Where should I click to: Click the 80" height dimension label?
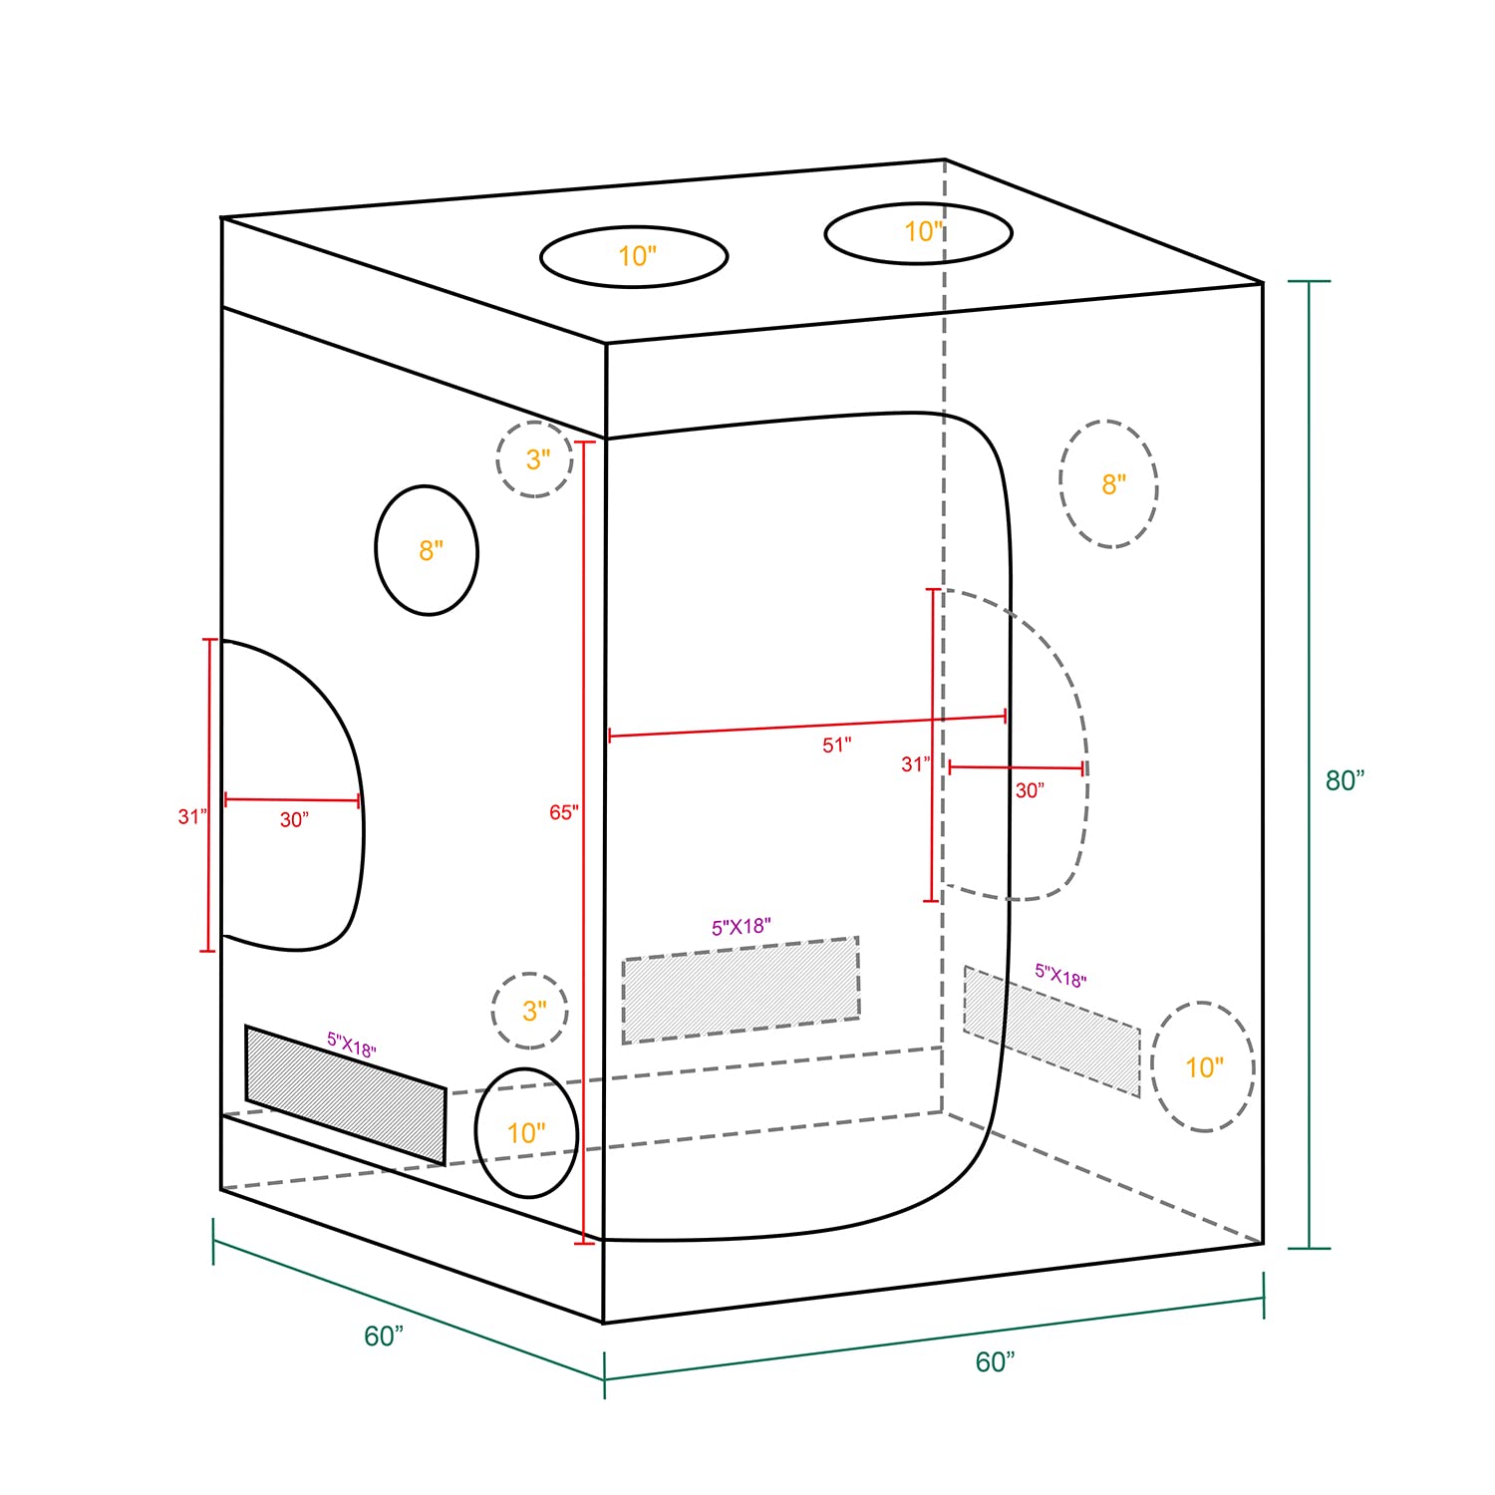pyautogui.click(x=1345, y=780)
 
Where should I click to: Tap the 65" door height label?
pyautogui.click(x=563, y=812)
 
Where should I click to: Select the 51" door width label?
pyautogui.click(x=837, y=745)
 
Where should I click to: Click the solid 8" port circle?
pyautogui.click(x=376, y=549)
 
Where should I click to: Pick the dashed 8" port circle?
pyautogui.click(x=1059, y=484)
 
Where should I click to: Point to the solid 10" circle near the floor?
pyautogui.click(x=476, y=1133)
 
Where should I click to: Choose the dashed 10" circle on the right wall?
pyautogui.click(x=1152, y=1066)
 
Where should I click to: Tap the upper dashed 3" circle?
pyautogui.click(x=497, y=459)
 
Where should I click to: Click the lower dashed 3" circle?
pyautogui.click(x=492, y=1011)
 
